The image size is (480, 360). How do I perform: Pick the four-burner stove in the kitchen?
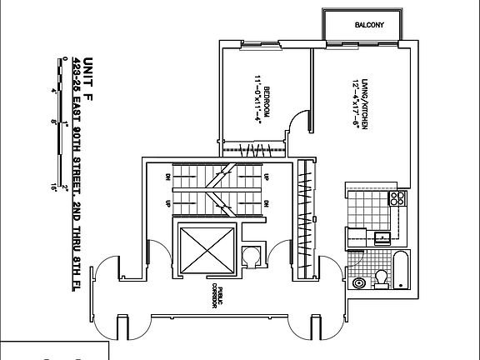397,199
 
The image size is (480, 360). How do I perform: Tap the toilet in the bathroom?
381,277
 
